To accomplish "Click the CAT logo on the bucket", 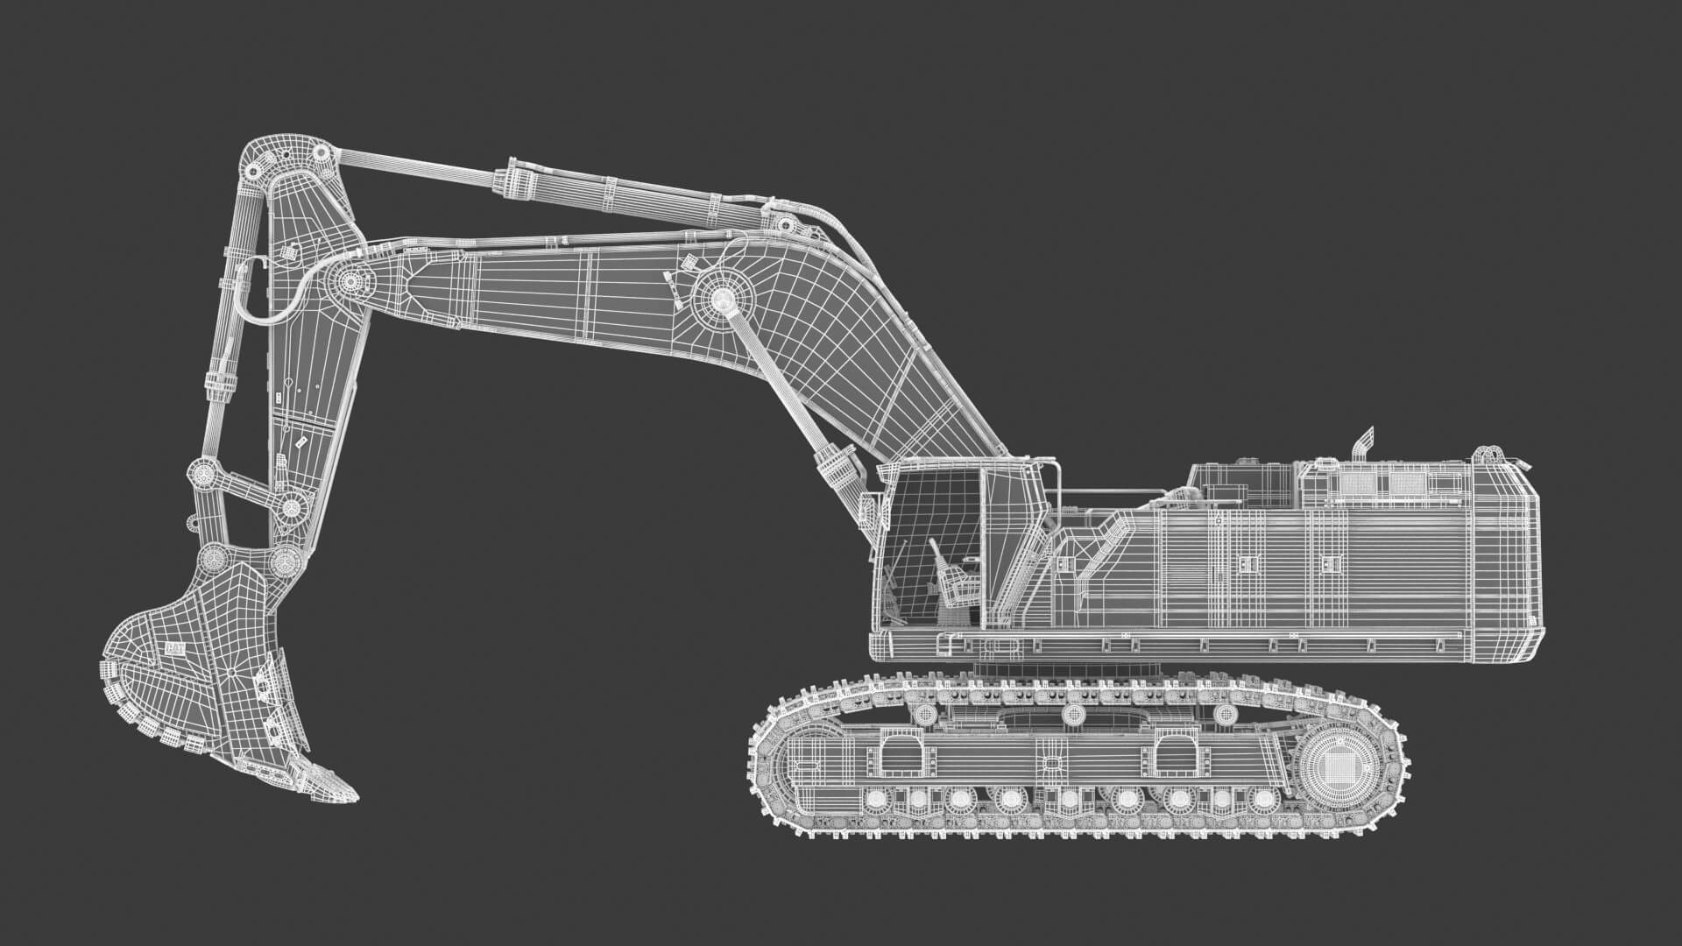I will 173,649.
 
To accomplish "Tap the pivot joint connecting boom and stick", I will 350,282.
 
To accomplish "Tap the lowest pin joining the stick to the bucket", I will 285,560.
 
